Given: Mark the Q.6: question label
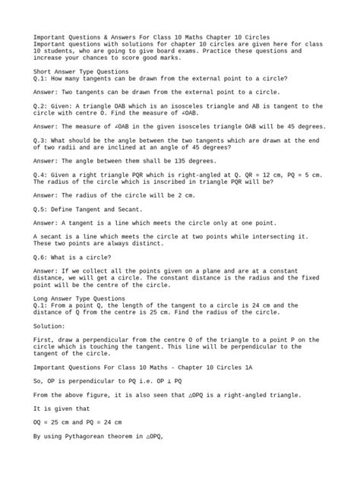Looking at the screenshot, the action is coord(42,258).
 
